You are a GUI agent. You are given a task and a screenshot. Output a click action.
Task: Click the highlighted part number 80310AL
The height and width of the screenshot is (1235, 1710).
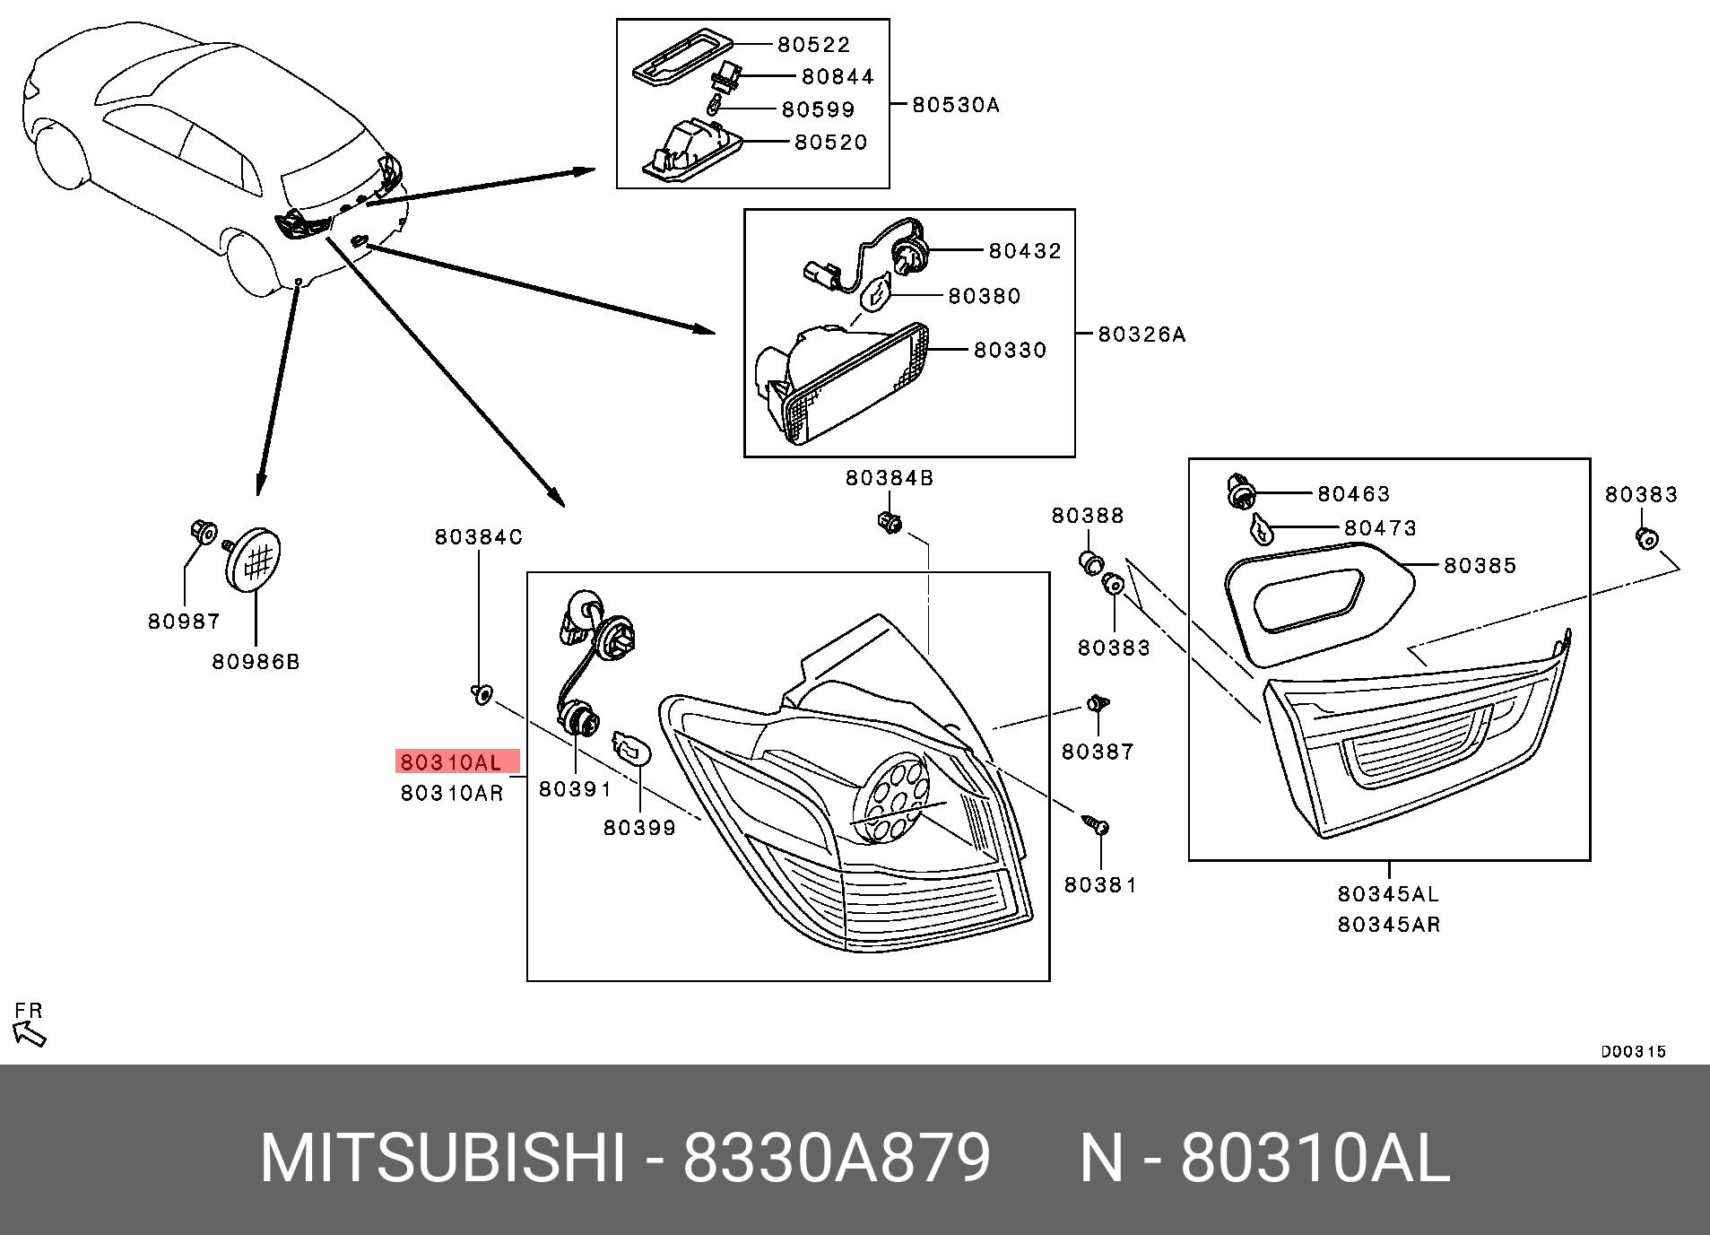click(451, 762)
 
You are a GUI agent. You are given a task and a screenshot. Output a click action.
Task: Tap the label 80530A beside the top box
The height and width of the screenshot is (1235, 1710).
click(955, 105)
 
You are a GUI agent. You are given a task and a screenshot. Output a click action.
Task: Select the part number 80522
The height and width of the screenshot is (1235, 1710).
click(813, 44)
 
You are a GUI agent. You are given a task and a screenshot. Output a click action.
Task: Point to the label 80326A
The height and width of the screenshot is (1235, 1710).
click(1141, 335)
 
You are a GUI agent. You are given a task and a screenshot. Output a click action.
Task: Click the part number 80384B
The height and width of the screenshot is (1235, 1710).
click(889, 478)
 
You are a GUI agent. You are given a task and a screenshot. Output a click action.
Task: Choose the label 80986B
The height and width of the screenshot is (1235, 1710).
click(256, 662)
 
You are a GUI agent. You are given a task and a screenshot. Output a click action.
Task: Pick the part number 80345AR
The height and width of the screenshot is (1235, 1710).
click(1388, 925)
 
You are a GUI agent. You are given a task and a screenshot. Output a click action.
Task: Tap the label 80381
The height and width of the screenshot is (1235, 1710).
click(1100, 885)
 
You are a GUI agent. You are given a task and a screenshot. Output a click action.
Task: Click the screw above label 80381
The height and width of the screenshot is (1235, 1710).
click(1097, 824)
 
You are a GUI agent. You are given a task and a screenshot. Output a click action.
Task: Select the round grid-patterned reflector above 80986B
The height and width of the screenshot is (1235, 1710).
click(254, 560)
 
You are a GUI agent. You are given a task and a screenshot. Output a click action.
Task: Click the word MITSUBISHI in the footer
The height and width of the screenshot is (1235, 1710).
click(442, 1159)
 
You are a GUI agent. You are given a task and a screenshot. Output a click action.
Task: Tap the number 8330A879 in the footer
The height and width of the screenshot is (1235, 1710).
click(837, 1159)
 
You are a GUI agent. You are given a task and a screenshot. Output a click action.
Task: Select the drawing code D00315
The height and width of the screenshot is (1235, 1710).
click(1633, 1052)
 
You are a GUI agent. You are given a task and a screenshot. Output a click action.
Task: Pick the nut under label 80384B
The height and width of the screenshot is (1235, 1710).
click(890, 521)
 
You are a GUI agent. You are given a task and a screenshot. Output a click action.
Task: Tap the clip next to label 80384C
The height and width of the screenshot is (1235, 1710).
click(482, 693)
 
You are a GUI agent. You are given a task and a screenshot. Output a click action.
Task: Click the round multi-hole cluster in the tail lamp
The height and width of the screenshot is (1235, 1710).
click(890, 798)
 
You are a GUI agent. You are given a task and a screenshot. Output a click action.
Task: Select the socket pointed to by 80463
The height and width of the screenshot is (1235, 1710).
click(1241, 492)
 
